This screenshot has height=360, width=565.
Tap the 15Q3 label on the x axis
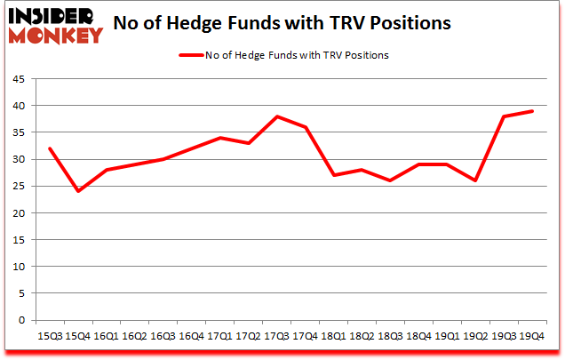point(49,336)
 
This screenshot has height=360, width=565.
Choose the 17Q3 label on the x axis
point(279,336)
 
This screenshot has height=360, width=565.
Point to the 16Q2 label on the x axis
point(135,336)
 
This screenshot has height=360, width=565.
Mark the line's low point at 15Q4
point(77,191)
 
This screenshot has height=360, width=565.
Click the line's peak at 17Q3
point(278,116)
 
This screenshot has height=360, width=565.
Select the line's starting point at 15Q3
point(49,148)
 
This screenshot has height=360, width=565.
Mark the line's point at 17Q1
point(220,138)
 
